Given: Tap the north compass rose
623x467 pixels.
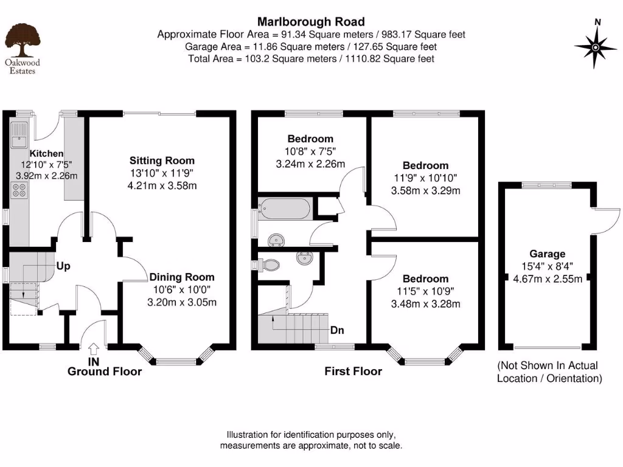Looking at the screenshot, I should click(595, 46).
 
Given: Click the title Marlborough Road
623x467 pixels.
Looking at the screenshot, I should click(311, 22).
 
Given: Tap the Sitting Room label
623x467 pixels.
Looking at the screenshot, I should click(162, 161).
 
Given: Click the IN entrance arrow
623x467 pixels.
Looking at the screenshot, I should click(94, 350).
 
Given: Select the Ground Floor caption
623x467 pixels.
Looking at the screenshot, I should click(104, 372).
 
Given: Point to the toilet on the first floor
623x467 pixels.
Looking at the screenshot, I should click(268, 265).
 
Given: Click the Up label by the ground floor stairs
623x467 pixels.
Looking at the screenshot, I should click(63, 266).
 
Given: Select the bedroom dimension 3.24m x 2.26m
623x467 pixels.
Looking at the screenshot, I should click(310, 164).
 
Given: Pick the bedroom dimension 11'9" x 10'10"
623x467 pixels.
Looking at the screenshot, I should click(425, 178).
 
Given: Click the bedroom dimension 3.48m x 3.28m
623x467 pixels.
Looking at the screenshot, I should click(425, 304).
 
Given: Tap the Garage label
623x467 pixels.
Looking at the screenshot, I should click(547, 254).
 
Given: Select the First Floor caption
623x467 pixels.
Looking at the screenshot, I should click(353, 372).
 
